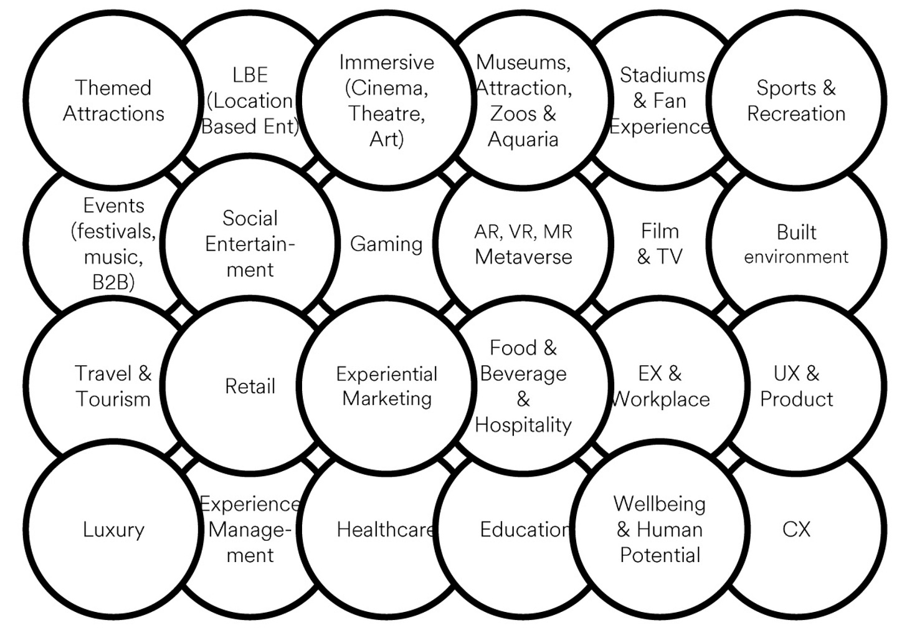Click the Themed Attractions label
tap(113, 100)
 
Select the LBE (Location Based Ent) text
tap(250, 100)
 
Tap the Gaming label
tap(386, 244)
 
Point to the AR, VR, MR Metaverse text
tap(523, 244)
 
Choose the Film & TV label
tap(660, 244)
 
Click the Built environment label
tap(796, 244)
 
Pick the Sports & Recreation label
tap(796, 100)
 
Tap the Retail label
tap(250, 386)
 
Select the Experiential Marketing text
tap(387, 386)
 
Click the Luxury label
tap(113, 530)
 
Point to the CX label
tap(796, 530)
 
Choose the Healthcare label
tap(386, 530)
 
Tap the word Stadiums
tap(662, 75)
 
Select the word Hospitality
tap(523, 425)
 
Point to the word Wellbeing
tap(660, 504)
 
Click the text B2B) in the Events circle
tap(113, 282)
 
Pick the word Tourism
tap(113, 399)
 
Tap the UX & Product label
tap(796, 386)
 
